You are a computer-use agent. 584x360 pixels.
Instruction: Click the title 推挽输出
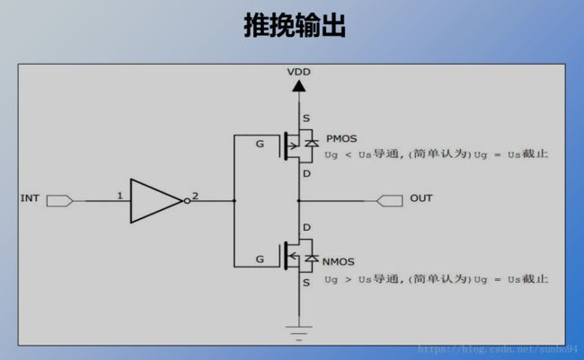coord(295,25)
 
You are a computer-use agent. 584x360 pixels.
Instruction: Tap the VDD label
coord(298,72)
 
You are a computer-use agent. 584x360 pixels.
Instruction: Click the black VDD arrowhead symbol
coord(298,86)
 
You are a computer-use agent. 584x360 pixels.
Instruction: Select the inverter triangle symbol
coord(156,201)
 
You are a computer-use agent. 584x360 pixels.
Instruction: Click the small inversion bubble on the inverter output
coord(187,201)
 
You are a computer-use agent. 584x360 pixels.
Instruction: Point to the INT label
coord(30,198)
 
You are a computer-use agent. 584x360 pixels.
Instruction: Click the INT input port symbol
coord(59,201)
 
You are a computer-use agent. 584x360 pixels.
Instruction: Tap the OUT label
coord(421,198)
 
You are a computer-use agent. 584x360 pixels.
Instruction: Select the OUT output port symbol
coord(389,201)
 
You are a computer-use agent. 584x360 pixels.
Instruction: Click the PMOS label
coord(341,138)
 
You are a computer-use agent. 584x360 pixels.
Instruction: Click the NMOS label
coord(338,262)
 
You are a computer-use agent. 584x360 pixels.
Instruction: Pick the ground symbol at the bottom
coord(298,333)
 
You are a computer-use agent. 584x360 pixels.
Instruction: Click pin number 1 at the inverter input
coord(119,196)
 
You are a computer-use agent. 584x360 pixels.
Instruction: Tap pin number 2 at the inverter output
coord(195,196)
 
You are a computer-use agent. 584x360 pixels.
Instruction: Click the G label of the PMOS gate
coord(260,144)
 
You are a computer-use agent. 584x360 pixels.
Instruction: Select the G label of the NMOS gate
coord(260,259)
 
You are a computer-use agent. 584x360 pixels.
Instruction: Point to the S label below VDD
coord(306,119)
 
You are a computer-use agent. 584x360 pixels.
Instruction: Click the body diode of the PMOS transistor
coord(312,143)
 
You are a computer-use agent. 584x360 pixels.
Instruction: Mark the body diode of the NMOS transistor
coord(312,258)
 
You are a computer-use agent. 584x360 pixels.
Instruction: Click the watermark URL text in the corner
coord(498,349)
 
